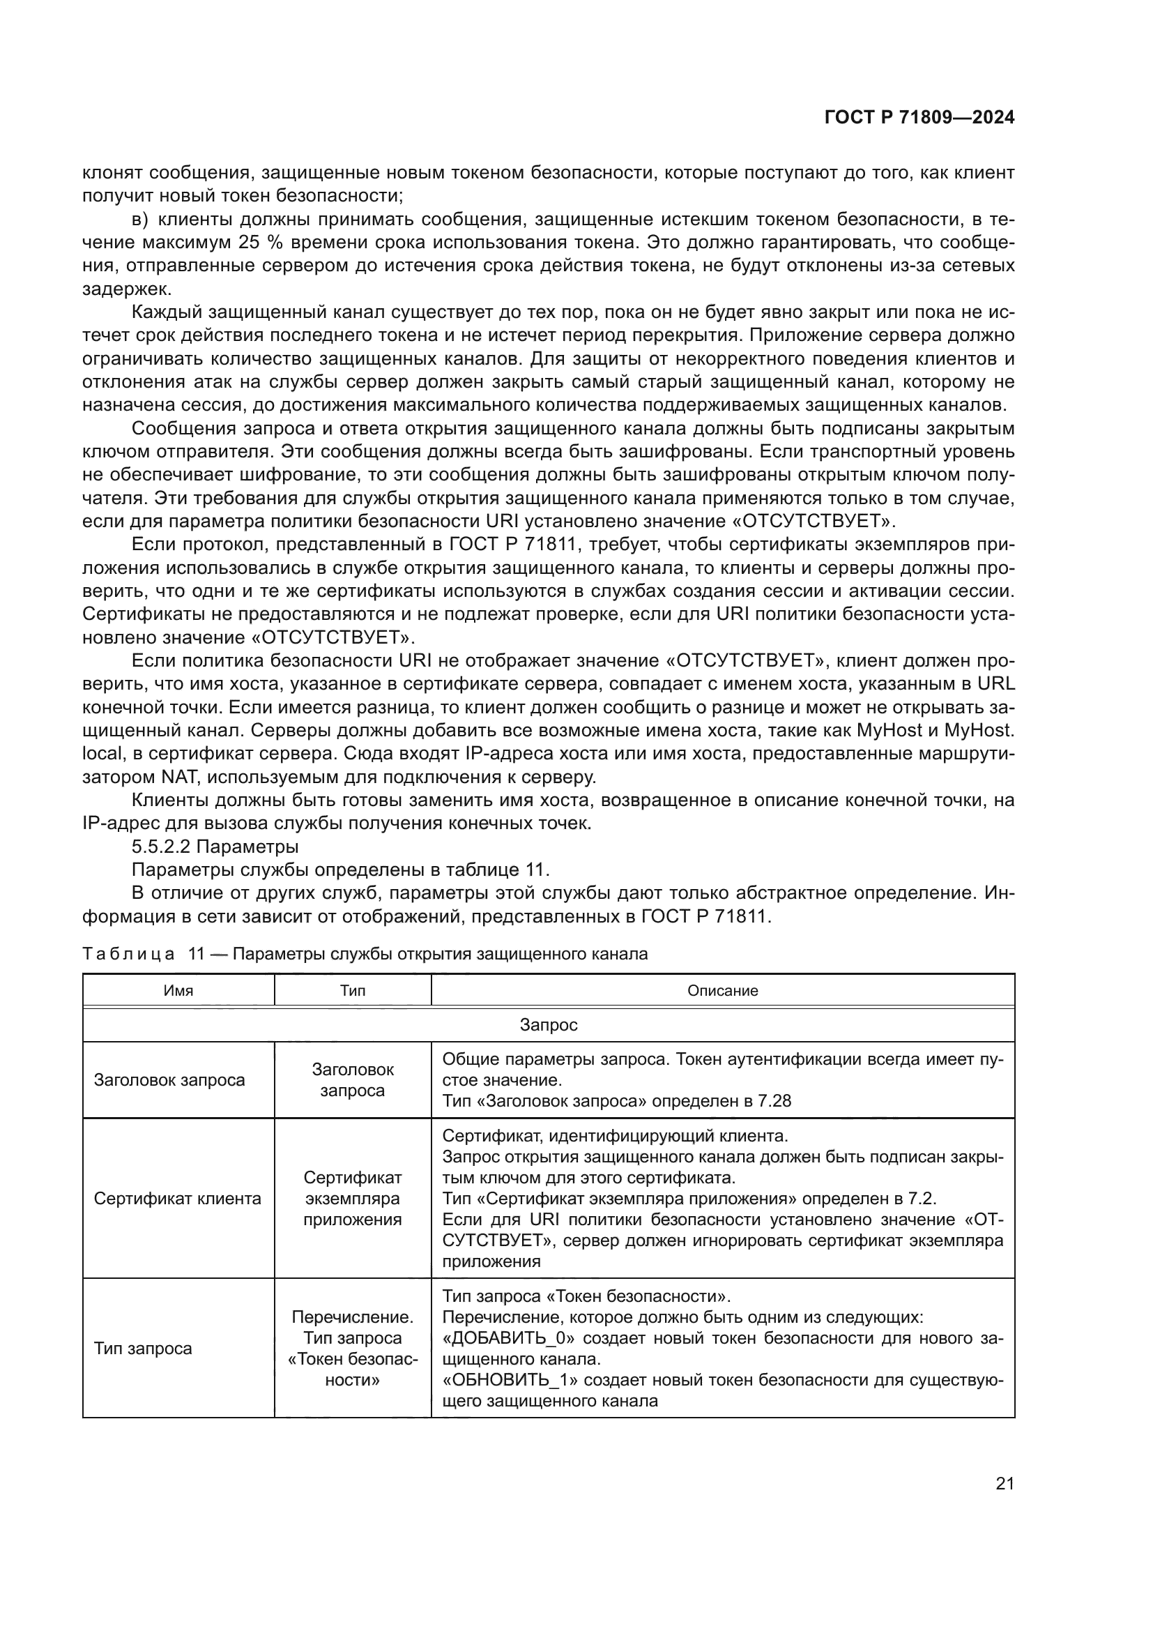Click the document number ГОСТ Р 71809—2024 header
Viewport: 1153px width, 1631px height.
coord(919,118)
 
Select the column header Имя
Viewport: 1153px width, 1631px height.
coord(178,990)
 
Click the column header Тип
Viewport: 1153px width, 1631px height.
coord(352,990)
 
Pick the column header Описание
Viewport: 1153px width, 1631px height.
coord(722,990)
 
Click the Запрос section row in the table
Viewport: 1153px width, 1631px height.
coord(548,1025)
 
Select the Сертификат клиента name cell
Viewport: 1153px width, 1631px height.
coord(178,1199)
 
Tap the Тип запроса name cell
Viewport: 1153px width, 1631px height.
coord(143,1349)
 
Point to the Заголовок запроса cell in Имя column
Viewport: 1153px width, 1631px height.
coord(169,1080)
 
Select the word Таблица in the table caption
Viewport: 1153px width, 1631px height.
coord(128,954)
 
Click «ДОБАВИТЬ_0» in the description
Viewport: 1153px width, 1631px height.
coord(508,1338)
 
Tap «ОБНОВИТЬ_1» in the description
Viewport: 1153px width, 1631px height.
coord(508,1380)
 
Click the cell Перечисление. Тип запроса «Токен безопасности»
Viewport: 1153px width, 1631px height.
coord(352,1349)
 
